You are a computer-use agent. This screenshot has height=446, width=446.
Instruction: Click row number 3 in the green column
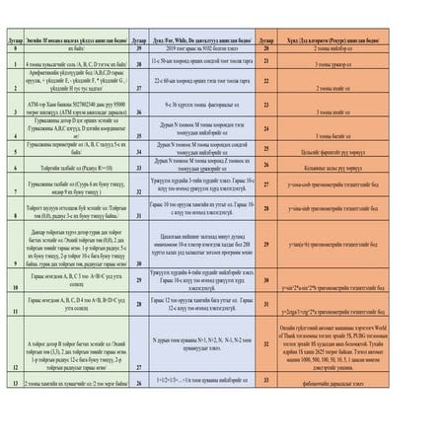[x=12, y=101]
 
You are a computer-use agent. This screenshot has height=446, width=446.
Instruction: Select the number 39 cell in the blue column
[x=138, y=47]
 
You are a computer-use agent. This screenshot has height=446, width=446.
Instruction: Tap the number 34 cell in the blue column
[x=138, y=140]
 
